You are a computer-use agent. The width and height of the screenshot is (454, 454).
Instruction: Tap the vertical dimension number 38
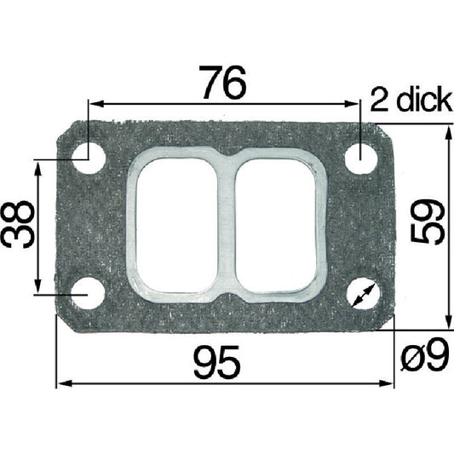pyautogui.click(x=19, y=226)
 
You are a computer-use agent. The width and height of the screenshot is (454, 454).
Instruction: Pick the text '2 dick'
pyautogui.click(x=409, y=101)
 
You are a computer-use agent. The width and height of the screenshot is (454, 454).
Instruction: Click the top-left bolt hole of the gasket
pyautogui.click(x=89, y=158)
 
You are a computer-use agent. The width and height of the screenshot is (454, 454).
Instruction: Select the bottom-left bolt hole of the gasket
pyautogui.click(x=89, y=293)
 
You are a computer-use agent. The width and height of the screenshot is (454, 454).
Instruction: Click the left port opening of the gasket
pyautogui.click(x=177, y=224)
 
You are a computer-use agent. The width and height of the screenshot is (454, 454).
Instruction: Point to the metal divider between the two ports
pyautogui.click(x=227, y=224)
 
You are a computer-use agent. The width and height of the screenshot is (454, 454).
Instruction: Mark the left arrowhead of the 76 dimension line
pyautogui.click(x=95, y=104)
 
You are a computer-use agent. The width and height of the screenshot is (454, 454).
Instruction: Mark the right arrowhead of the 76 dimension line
pyautogui.click(x=355, y=104)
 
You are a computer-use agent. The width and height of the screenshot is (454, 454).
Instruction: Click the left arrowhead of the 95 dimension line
pyautogui.click(x=61, y=384)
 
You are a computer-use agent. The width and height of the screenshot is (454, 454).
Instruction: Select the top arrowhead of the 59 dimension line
pyautogui.click(x=448, y=130)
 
